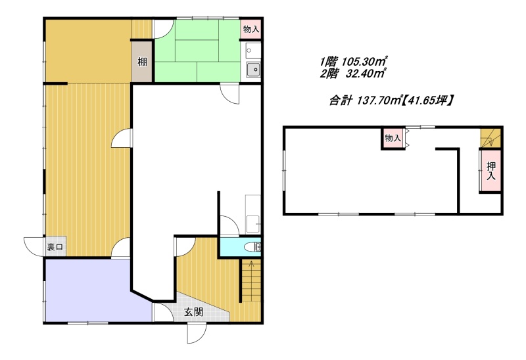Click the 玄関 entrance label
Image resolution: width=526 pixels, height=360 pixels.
194,313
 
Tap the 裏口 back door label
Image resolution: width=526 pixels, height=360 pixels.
55,248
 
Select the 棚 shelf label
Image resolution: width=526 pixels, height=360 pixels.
142,62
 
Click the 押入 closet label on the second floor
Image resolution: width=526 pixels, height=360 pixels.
490,171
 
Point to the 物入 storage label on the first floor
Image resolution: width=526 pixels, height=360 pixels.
251,29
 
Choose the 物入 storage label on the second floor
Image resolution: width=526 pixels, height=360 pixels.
393,138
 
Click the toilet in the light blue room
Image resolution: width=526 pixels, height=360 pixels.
252,247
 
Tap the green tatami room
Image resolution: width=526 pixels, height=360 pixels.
197,51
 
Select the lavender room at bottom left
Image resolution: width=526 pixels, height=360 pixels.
97,290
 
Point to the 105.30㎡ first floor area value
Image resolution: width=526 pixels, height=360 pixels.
365,61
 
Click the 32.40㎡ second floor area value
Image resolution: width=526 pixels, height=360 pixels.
365,74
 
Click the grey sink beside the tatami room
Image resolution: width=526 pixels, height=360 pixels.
253,70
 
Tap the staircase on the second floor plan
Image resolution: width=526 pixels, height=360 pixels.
490,137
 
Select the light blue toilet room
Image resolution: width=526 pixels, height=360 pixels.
239,247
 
